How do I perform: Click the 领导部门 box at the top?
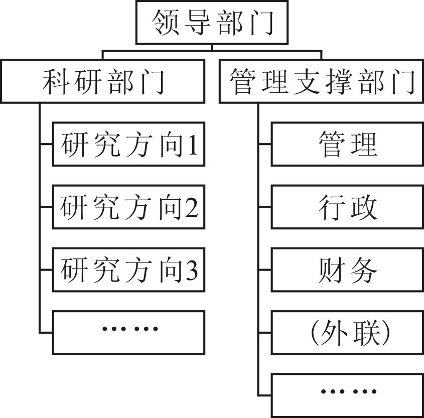click(x=212, y=23)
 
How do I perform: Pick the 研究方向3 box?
click(x=129, y=270)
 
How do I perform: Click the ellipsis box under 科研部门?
click(x=129, y=332)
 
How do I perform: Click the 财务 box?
click(x=347, y=270)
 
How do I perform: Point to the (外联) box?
click(x=347, y=332)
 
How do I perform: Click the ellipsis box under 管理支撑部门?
click(x=347, y=395)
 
